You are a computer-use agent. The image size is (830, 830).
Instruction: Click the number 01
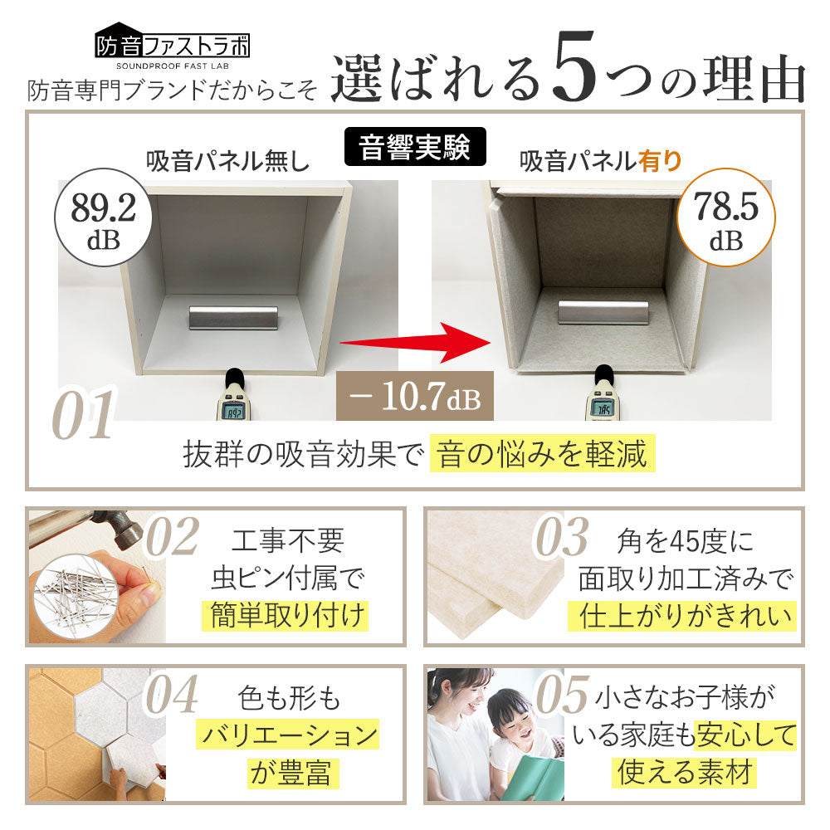(x=83, y=415)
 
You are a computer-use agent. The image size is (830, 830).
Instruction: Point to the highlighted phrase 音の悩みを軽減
(x=542, y=455)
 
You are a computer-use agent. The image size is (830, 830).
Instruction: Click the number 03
(x=560, y=538)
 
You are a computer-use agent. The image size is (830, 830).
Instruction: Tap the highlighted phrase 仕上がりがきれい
(x=681, y=616)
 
